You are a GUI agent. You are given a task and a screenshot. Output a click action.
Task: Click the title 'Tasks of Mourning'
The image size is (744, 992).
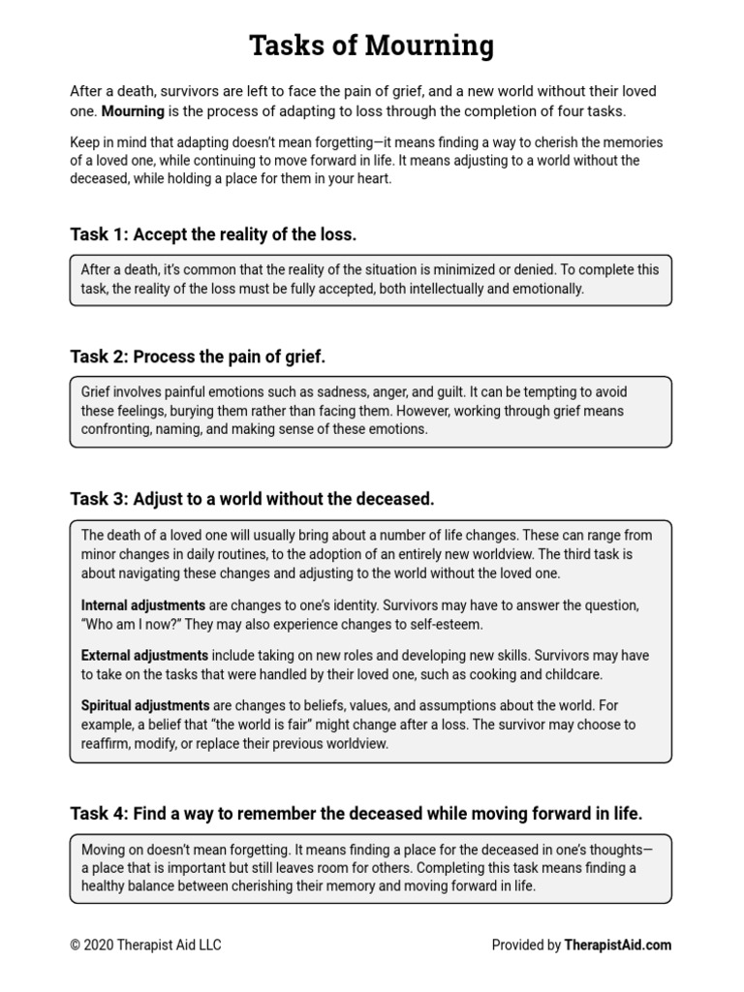click(371, 45)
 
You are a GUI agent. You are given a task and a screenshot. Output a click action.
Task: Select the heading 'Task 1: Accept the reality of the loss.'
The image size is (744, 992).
click(213, 234)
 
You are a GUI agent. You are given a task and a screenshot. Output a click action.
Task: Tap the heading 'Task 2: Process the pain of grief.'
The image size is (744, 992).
click(198, 357)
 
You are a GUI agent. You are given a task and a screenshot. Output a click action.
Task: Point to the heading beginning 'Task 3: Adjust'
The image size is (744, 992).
click(252, 499)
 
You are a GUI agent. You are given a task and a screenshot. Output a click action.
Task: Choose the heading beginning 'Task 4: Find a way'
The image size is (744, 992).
click(356, 813)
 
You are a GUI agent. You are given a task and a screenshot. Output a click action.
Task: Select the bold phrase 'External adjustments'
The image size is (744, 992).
click(144, 656)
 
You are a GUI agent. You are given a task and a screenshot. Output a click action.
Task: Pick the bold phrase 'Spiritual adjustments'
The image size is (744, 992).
click(145, 706)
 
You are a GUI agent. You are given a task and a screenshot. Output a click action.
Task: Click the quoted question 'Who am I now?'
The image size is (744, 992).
click(126, 624)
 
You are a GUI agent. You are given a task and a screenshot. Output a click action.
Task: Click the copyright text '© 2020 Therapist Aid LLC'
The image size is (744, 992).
click(145, 945)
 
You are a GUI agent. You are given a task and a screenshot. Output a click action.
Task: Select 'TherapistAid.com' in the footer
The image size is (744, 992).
click(618, 945)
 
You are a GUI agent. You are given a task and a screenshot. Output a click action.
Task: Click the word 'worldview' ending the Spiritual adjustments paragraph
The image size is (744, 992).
click(356, 743)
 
